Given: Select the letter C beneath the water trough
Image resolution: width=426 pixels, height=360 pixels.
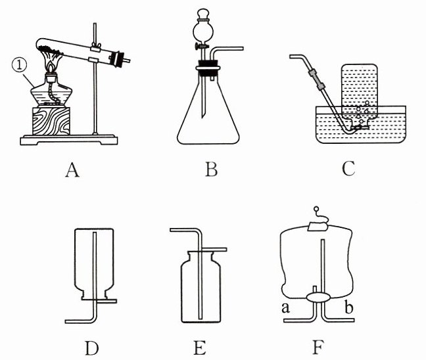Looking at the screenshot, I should point(349,169).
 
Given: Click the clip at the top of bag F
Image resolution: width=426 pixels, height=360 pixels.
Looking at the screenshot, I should point(318,225).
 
